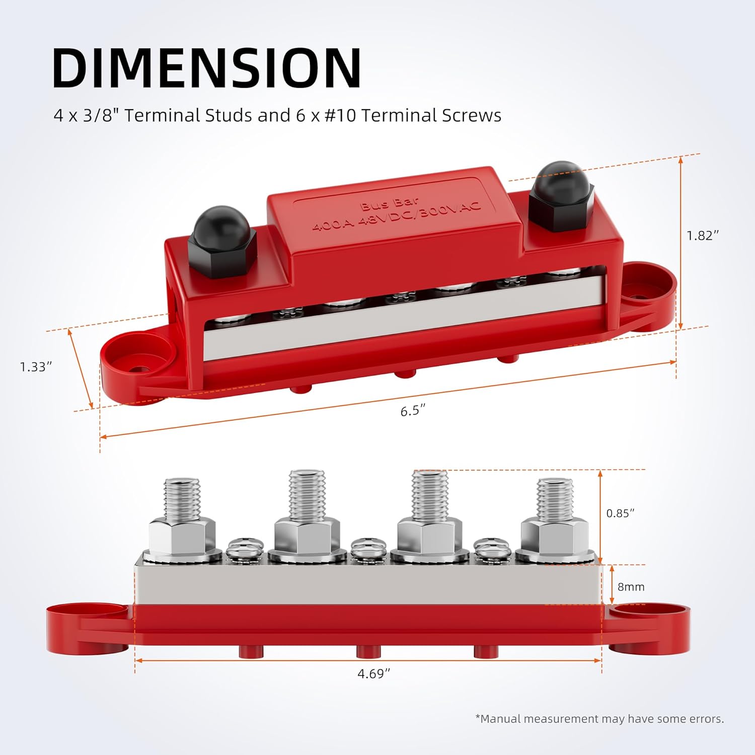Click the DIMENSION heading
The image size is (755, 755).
[x=206, y=68]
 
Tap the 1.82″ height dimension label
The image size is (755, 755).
[x=703, y=236]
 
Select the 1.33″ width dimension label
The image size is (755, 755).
[x=36, y=367]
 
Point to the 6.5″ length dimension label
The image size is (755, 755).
[x=413, y=411]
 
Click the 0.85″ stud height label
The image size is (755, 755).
[x=620, y=513]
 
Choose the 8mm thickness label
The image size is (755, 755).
[x=631, y=587]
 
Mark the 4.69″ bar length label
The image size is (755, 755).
[x=373, y=673]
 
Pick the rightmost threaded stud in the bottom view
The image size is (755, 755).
[x=555, y=501]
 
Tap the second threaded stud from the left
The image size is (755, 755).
[x=307, y=496]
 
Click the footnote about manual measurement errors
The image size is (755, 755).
[x=599, y=719]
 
